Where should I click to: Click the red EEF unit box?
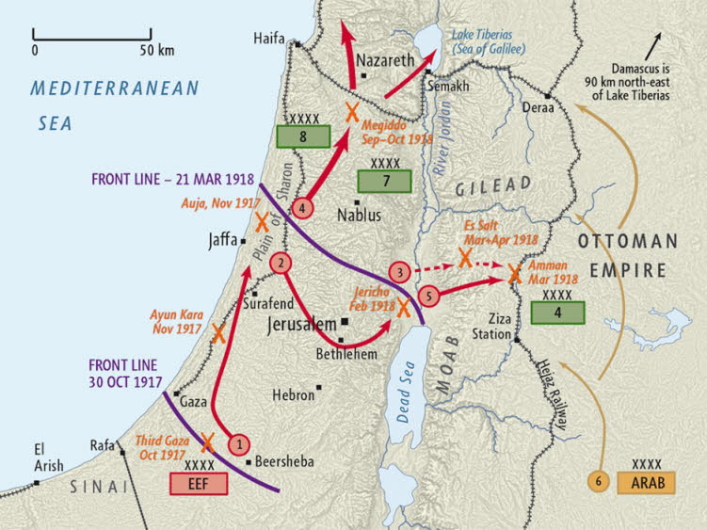[x=199, y=483]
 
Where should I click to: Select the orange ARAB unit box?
[x=646, y=483]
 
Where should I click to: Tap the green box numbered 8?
[x=303, y=136]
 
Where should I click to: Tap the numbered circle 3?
[x=400, y=273]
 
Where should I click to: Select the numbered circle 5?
[x=428, y=296]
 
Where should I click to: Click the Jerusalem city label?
[x=301, y=325]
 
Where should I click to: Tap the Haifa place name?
[x=271, y=38]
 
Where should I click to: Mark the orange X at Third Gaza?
[x=207, y=442]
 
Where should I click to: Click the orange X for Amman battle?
[x=514, y=274]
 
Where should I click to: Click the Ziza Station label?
[x=513, y=326]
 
